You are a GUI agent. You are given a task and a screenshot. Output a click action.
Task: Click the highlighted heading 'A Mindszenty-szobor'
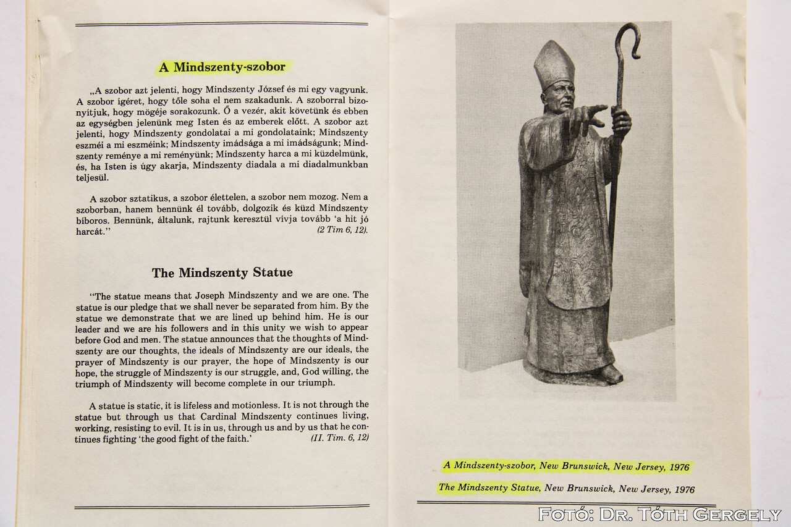tap(222, 67)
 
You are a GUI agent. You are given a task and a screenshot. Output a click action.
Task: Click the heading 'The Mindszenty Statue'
tap(222, 272)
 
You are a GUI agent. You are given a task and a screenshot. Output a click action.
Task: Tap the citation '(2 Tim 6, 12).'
tap(342, 229)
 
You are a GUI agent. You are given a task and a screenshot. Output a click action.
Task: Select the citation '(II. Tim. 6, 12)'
tap(339, 437)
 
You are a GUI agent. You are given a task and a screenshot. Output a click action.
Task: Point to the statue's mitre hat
tap(554, 63)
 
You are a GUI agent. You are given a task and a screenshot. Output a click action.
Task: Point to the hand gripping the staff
tap(620, 122)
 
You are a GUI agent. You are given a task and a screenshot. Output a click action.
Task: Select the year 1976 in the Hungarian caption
tap(679, 468)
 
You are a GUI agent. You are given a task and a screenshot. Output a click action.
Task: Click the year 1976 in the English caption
tap(684, 489)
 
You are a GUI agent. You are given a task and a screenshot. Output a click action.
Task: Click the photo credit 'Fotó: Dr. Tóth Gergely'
tap(659, 514)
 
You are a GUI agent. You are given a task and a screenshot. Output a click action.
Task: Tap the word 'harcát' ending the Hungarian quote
tap(91, 230)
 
